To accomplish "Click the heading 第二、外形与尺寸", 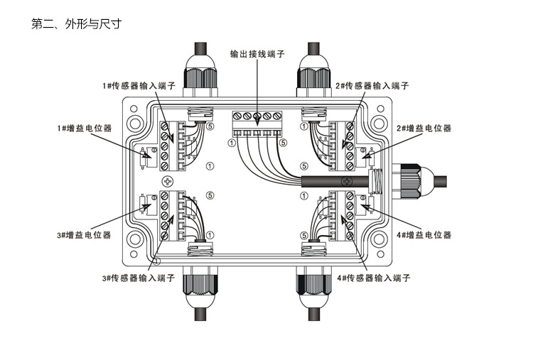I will click(77, 24).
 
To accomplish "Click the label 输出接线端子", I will click(258, 54).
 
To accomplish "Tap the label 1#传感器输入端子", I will click(138, 86).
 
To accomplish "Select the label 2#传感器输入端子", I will click(372, 86).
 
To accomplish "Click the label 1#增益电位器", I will click(84, 129).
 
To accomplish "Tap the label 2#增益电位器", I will click(424, 129).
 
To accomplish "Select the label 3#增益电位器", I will click(84, 234).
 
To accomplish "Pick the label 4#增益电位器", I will click(424, 234).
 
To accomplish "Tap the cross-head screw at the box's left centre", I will click(168, 180).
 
